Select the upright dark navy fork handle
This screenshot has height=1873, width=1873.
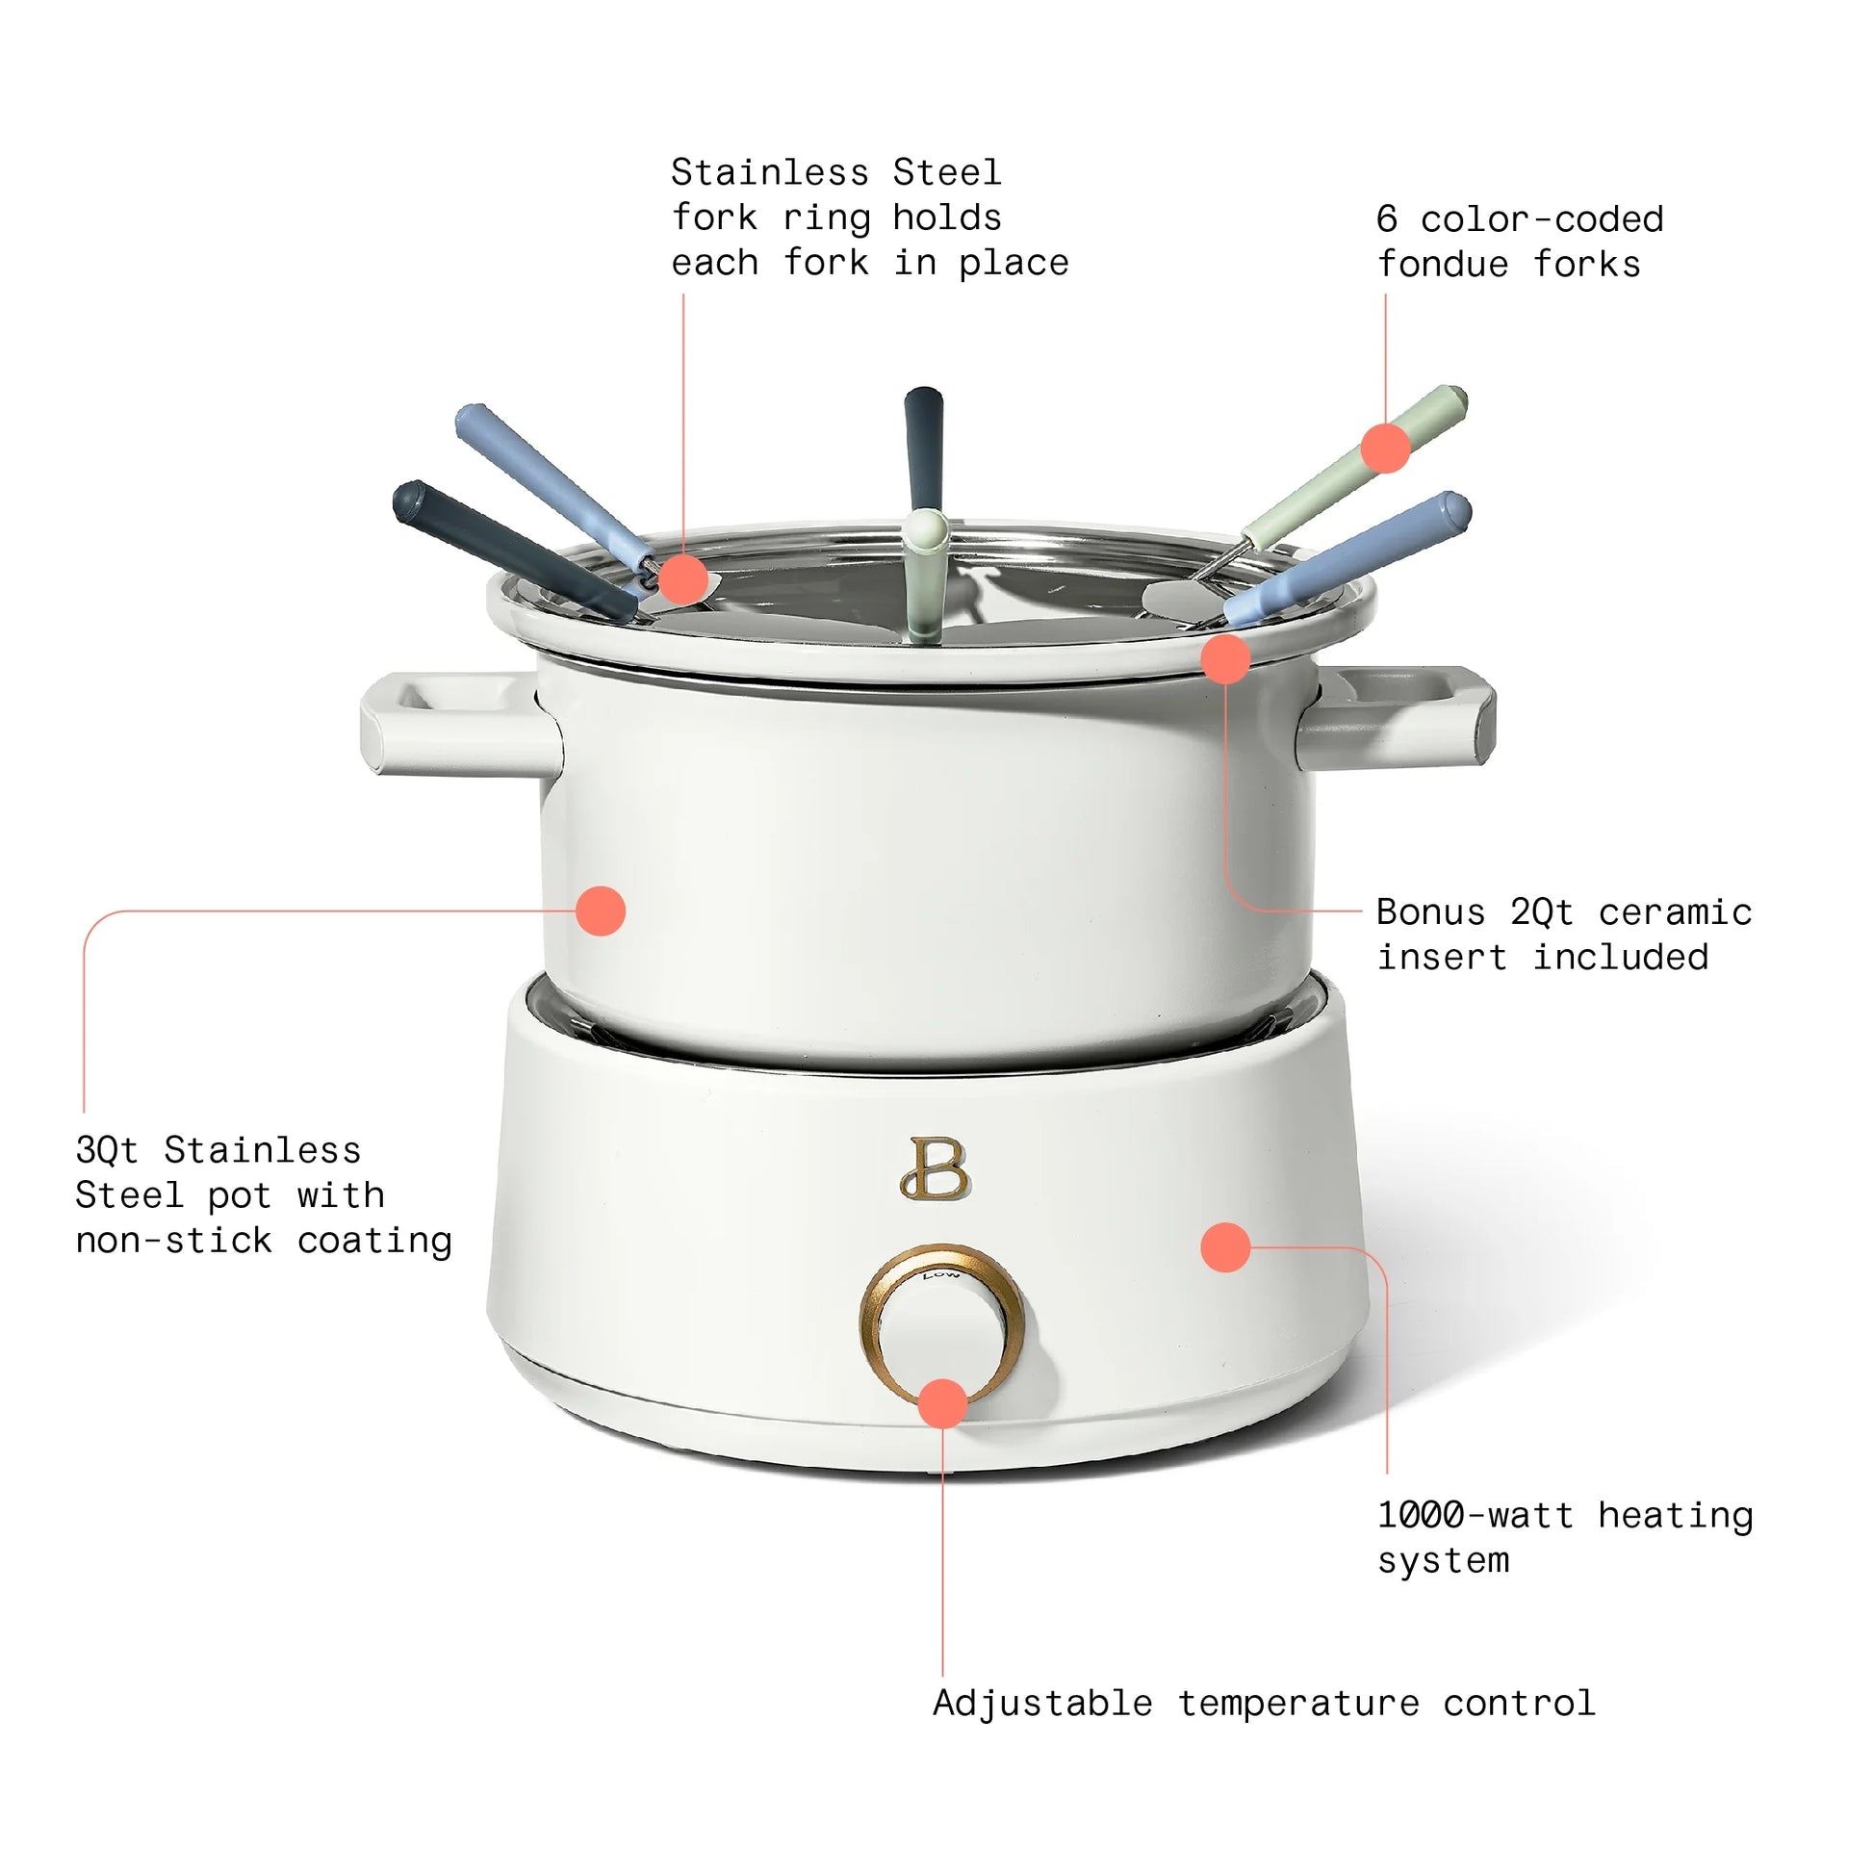(923, 441)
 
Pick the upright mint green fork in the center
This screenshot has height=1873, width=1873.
(925, 572)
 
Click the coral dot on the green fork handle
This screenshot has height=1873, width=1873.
(1385, 448)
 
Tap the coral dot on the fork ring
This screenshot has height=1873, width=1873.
(683, 579)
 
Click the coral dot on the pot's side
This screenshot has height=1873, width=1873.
(600, 911)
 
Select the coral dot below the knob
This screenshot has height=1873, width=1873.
(942, 1403)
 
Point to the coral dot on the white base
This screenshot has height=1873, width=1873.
(1225, 1246)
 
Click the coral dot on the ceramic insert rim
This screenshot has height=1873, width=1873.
(1225, 659)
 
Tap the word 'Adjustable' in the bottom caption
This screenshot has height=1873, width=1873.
(1042, 1704)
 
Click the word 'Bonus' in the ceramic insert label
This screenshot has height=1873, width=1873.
(1430, 912)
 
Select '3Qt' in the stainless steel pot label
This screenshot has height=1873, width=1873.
(107, 1151)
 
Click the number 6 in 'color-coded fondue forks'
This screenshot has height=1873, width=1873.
(1387, 220)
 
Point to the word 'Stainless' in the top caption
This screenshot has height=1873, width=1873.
(769, 172)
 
